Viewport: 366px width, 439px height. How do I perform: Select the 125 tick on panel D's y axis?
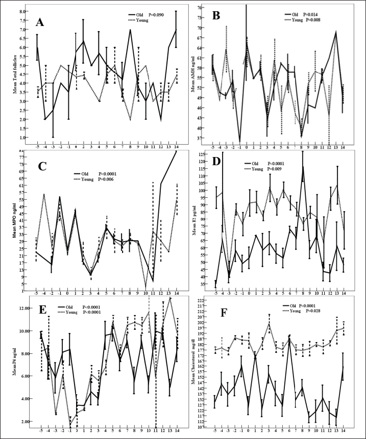tap(200, 154)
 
